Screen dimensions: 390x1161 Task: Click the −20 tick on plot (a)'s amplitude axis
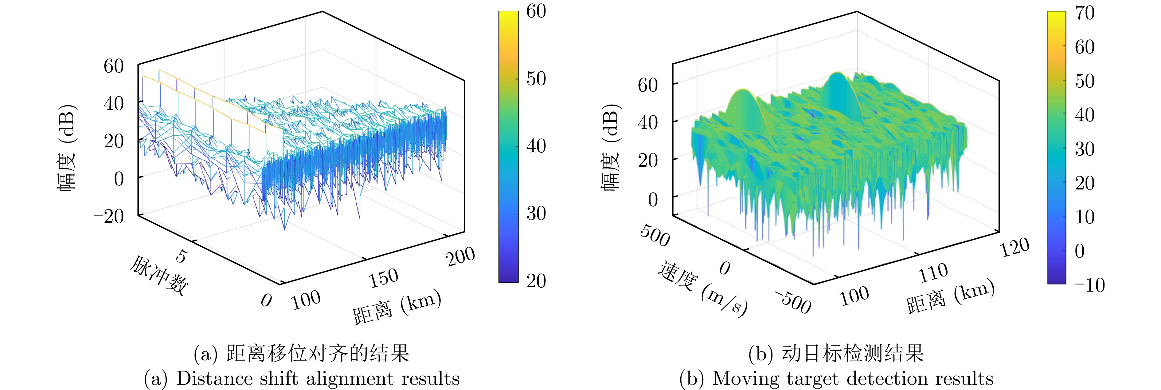pos(109,217)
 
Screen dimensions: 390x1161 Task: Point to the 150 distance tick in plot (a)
pos(384,278)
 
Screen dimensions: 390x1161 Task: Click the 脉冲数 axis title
pos(159,275)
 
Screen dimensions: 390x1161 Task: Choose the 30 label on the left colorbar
pos(536,213)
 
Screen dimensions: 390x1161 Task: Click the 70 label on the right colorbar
pos(1085,13)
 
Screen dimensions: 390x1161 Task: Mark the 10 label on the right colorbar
pos(1085,217)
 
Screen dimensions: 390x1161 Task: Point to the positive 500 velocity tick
pos(655,236)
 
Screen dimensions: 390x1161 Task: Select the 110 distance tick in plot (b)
pos(933,273)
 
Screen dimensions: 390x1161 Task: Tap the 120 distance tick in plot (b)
pos(1015,247)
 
